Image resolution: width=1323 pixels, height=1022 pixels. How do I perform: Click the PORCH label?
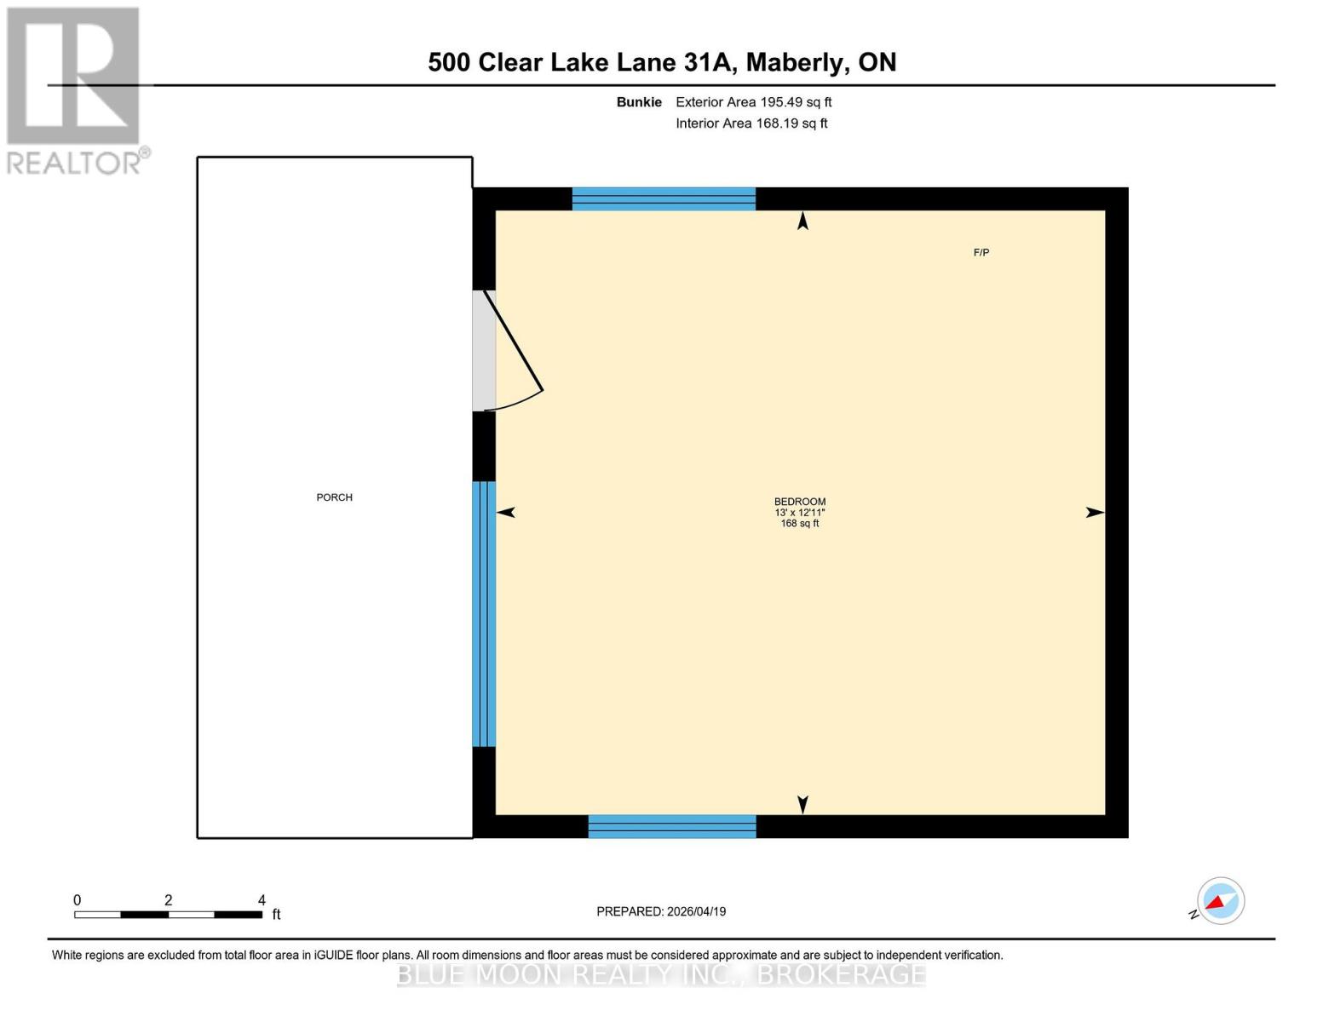coord(334,497)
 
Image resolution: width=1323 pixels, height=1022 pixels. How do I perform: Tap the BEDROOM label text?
coord(799,502)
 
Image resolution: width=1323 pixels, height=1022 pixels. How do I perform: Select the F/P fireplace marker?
coord(981,253)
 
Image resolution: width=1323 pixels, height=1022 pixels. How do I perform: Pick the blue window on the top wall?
coord(664,198)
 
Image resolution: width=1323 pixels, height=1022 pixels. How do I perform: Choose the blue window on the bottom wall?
coord(672,826)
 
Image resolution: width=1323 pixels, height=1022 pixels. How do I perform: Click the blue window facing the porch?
coord(484,613)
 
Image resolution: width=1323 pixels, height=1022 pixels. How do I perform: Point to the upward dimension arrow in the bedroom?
coord(802,221)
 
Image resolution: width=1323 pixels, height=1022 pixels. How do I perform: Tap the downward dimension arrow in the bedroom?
coord(802,804)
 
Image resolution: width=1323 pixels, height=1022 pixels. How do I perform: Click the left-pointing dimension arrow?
coord(506,512)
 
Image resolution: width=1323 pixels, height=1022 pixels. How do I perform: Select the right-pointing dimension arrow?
coord(1095,512)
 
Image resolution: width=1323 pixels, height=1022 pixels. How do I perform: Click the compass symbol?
coord(1220,901)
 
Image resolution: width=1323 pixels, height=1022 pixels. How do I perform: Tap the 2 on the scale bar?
coord(168,900)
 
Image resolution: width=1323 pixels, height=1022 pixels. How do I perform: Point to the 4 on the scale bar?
coord(262,900)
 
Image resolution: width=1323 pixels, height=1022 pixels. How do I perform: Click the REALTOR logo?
coord(75,89)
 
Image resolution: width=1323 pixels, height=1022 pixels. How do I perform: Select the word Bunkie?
coord(639,102)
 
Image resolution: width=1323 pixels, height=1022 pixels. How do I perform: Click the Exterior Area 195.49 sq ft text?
coord(753,102)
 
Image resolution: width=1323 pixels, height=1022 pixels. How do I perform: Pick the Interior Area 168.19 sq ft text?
coord(751,123)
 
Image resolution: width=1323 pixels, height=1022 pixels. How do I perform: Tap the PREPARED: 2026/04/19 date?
coord(661,911)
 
